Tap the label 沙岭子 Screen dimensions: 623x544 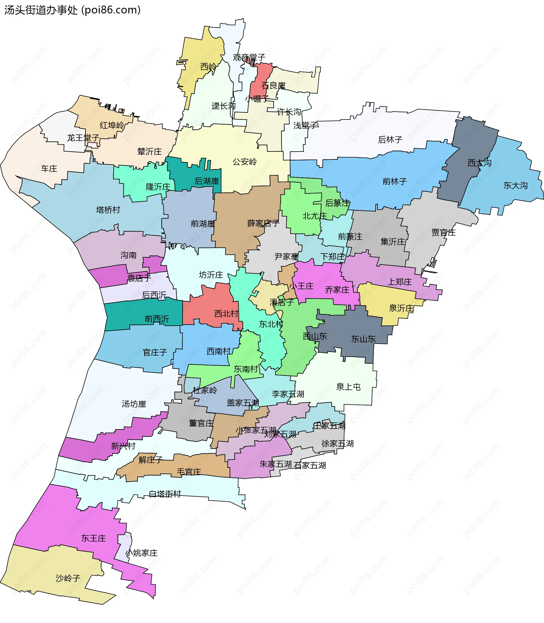pyautogui.click(x=68, y=578)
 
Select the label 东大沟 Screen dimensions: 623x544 pyautogui.click(x=515, y=185)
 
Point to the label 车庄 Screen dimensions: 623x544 pyautogui.click(x=49, y=169)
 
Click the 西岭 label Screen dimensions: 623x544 pyautogui.click(x=209, y=67)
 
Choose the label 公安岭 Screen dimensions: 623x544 pyautogui.click(x=245, y=161)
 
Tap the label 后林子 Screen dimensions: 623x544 pyautogui.click(x=390, y=140)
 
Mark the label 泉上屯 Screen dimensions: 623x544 pyautogui.click(x=348, y=387)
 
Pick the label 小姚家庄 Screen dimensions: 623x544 pyautogui.click(x=142, y=553)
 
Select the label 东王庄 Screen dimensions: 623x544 pyautogui.click(x=93, y=538)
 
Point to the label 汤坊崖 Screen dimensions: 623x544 pyautogui.click(x=134, y=404)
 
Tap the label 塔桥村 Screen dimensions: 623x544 pyautogui.click(x=108, y=210)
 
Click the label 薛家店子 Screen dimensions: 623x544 pyautogui.click(x=263, y=224)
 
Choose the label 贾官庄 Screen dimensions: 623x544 pyautogui.click(x=443, y=233)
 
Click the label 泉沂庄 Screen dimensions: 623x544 pyautogui.click(x=401, y=309)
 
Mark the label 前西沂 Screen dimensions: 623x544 pyautogui.click(x=157, y=319)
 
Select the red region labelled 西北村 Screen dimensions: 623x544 pyautogui.click(x=212, y=307)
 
